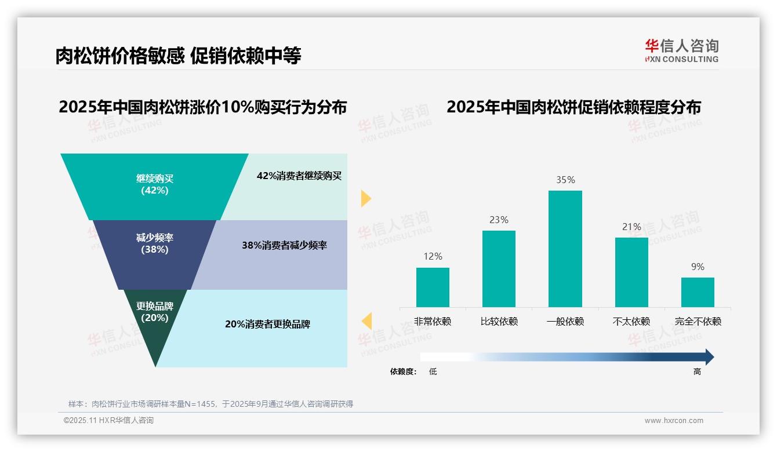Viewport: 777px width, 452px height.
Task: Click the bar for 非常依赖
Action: tap(433, 287)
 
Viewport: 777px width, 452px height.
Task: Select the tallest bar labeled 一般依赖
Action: tap(565, 249)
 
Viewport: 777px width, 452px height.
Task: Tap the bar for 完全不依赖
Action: tap(698, 292)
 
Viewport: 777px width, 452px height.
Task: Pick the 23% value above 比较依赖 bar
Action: tap(499, 220)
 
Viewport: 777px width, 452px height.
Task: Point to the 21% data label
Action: tap(631, 227)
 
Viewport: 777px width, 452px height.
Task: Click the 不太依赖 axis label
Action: tap(631, 322)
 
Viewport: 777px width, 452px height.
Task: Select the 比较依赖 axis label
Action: tap(499, 322)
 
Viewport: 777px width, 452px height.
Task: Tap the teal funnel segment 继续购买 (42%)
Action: tap(154, 185)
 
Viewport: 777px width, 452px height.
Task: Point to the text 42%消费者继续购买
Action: tap(299, 176)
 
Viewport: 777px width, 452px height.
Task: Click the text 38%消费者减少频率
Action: tap(284, 246)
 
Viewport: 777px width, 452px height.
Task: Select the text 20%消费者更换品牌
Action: tap(267, 325)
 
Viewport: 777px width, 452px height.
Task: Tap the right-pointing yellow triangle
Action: tap(365, 198)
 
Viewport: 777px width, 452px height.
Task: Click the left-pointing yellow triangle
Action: tap(366, 320)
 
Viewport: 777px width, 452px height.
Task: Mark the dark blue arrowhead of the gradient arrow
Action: tap(709, 357)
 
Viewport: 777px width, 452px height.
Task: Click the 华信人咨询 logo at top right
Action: tap(681, 50)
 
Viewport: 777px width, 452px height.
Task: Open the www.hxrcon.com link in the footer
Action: tap(674, 421)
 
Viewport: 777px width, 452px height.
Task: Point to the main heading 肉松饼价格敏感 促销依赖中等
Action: tap(178, 56)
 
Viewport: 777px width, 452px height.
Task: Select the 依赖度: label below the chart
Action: tap(403, 372)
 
